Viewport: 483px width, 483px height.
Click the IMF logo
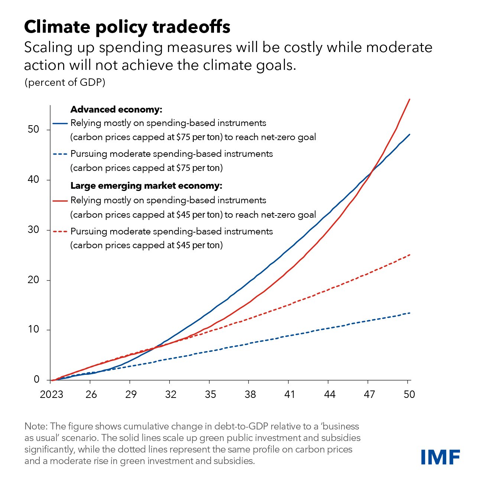440,457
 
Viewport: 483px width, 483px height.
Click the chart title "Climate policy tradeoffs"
127,27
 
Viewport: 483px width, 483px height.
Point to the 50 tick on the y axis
33,129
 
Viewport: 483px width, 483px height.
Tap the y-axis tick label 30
33,230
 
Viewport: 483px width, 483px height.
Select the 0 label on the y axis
36,379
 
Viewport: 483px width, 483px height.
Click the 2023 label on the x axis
52,394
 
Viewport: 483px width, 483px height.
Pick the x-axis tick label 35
210,394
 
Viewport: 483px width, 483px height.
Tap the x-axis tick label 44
330,394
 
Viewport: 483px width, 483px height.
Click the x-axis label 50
409,394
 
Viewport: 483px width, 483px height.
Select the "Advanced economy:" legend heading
116,110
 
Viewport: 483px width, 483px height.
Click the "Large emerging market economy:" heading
146,186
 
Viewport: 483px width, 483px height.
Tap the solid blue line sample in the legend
60,123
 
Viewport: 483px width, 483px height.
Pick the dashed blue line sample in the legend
60,154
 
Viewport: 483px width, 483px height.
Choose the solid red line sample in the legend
60,201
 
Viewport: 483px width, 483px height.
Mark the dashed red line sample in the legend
60,231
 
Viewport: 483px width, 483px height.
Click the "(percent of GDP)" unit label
65,82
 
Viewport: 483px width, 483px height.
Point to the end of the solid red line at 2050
409,99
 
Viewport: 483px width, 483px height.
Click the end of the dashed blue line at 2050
410,313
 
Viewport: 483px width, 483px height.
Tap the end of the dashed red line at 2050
410,255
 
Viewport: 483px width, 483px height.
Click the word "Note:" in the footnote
36,426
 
